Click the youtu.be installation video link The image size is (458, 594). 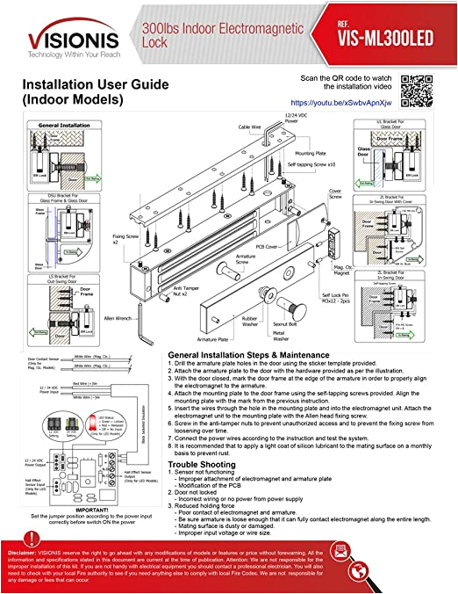tap(333, 102)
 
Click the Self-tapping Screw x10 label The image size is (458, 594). tap(324, 165)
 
